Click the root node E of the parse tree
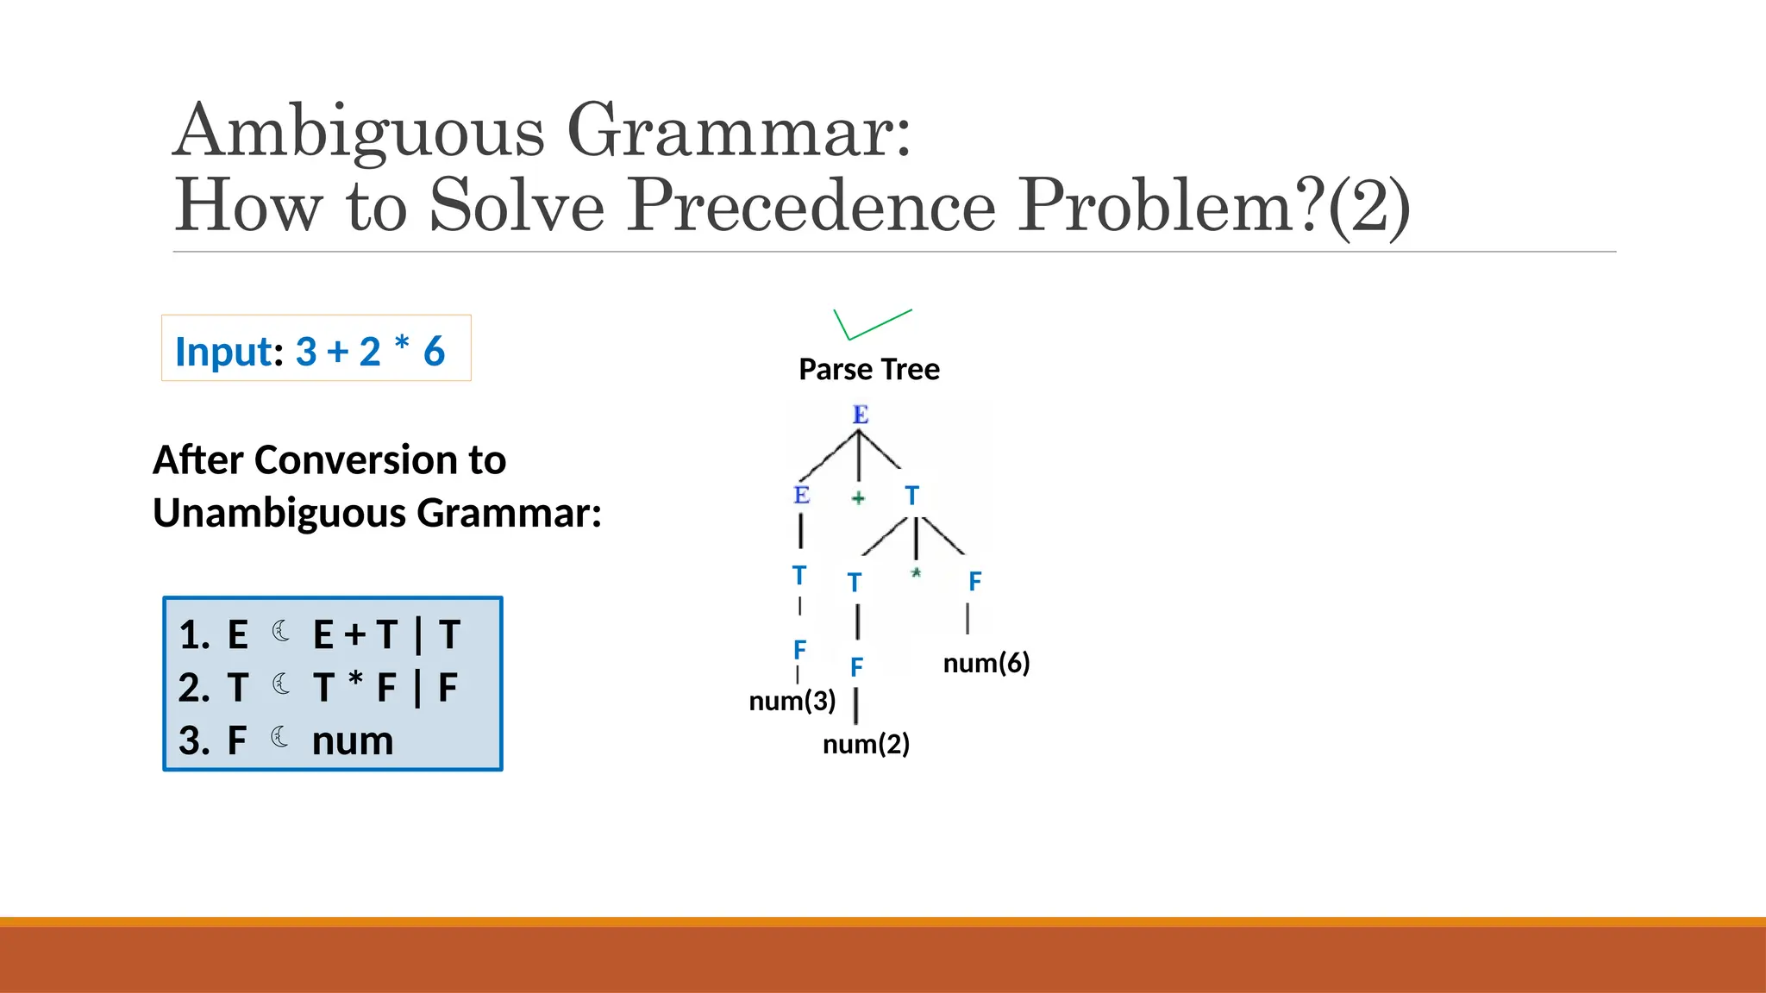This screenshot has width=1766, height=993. [860, 415]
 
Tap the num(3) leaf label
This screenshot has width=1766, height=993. [792, 701]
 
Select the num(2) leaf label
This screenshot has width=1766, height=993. [866, 744]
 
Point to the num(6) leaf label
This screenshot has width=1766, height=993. [986, 663]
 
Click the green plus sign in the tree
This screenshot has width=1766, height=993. [858, 497]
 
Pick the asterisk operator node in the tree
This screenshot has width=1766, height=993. [916, 573]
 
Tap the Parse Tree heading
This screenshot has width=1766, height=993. [868, 369]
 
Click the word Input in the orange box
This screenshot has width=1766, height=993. [224, 352]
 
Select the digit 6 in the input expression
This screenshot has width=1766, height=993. [434, 352]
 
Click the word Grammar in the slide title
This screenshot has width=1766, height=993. [738, 131]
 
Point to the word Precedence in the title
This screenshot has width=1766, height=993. [811, 206]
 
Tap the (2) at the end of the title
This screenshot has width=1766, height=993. [1368, 207]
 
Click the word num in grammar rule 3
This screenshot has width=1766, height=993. [352, 741]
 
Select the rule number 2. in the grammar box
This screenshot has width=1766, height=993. [194, 688]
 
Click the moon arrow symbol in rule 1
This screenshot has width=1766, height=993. [281, 632]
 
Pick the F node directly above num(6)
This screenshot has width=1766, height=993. [974, 582]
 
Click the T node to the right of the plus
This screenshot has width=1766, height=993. [911, 496]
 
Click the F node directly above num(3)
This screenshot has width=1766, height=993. [799, 649]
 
